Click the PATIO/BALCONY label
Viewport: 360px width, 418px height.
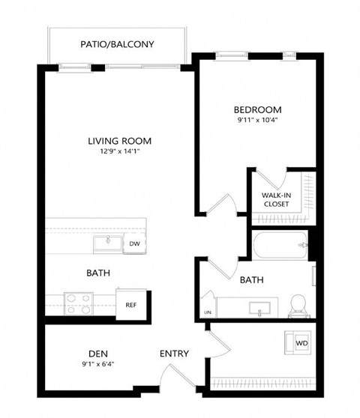tap(117, 44)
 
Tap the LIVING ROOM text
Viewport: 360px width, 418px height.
tap(120, 140)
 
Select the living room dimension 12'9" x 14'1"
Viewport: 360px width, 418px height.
tap(120, 152)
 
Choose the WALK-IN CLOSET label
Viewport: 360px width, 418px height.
tap(276, 199)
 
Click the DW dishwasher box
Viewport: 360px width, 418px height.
tap(134, 243)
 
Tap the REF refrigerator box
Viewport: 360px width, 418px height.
tap(130, 304)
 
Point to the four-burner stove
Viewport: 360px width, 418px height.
tap(78, 303)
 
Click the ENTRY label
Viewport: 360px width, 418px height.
tap(174, 354)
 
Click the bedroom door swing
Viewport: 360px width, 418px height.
tap(223, 204)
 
